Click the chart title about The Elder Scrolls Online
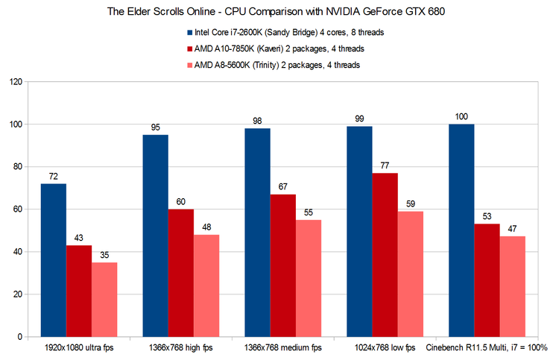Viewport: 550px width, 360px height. pos(275,10)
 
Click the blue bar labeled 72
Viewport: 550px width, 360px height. pos(54,260)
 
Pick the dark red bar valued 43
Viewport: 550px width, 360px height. pos(79,291)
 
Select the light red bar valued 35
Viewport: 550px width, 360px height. pos(104,300)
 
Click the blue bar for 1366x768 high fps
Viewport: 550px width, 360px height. pos(156,236)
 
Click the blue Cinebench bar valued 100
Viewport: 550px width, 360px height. pos(461,230)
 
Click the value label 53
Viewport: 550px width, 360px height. pos(487,217)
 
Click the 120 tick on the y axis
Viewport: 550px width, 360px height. pos(14,82)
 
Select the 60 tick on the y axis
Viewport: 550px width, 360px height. pos(16,209)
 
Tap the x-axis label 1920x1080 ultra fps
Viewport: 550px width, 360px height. pos(79,348)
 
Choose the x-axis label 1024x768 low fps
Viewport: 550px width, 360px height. pos(385,348)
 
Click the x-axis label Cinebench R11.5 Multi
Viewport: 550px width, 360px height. pos(487,348)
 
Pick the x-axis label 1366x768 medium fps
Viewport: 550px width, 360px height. pos(283,348)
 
